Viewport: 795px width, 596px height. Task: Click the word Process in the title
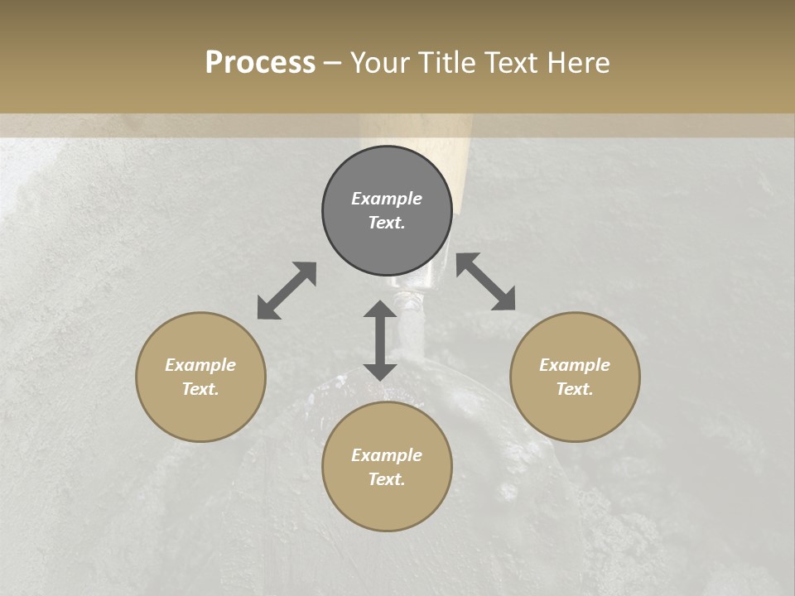(260, 63)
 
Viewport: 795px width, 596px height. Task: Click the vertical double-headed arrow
(380, 340)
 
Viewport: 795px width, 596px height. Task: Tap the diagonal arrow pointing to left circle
(287, 291)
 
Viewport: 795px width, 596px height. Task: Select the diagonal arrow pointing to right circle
(486, 281)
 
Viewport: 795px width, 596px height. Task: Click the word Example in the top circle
(387, 199)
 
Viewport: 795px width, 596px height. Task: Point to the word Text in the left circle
(200, 389)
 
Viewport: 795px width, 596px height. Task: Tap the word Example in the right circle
(575, 365)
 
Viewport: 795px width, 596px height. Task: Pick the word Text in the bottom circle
(387, 479)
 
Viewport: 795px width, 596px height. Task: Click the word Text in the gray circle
(387, 223)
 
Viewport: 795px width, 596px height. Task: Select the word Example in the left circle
(200, 365)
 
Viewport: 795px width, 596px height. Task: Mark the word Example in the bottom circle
(387, 455)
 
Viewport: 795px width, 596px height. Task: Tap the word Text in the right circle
(575, 389)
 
